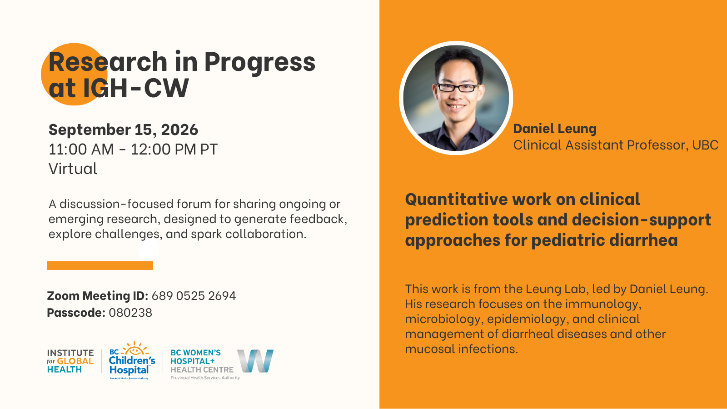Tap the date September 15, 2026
(123, 130)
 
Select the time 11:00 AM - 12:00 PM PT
(133, 150)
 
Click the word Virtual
(73, 169)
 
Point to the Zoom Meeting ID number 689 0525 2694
(194, 296)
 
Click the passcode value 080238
(130, 313)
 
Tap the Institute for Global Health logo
(70, 361)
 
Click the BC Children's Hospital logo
(132, 360)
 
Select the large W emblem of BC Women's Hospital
(255, 361)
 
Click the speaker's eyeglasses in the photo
(458, 88)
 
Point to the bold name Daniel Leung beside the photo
(555, 129)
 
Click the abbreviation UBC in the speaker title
(706, 145)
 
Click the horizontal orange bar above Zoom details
(100, 265)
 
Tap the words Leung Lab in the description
(556, 289)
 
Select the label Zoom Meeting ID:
(97, 296)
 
